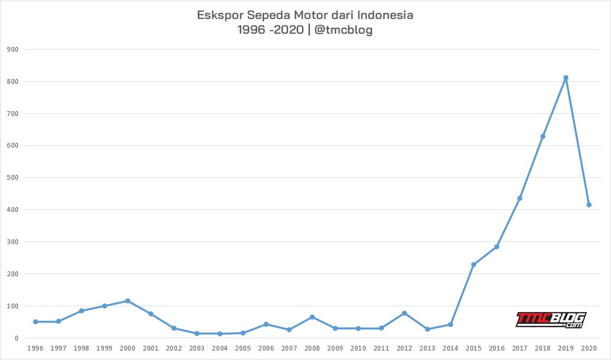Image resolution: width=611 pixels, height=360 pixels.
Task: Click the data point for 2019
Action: tap(566, 78)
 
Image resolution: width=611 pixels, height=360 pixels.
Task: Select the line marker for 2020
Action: tap(589, 205)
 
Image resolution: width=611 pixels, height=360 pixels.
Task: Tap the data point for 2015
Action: tap(474, 265)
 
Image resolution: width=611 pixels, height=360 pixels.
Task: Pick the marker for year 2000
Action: tap(127, 301)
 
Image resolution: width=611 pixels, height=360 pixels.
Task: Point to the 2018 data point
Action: tap(543, 137)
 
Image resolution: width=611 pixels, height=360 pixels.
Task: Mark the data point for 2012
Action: tap(405, 313)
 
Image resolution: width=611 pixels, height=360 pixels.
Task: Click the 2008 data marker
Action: tap(312, 317)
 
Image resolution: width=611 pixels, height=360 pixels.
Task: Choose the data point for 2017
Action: tap(520, 198)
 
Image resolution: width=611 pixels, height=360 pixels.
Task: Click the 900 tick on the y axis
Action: tap(13, 50)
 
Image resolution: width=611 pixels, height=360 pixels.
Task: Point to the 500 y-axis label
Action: tap(13, 178)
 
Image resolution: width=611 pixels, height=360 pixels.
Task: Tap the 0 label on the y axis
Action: tap(17, 338)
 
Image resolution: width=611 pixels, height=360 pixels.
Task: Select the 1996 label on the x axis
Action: tap(35, 348)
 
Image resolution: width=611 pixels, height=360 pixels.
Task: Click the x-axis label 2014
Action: tap(450, 348)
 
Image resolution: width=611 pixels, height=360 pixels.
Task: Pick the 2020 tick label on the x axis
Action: tap(589, 348)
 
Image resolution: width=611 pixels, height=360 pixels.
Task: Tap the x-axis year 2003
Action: tap(196, 348)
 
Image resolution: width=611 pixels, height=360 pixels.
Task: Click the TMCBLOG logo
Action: tap(550, 320)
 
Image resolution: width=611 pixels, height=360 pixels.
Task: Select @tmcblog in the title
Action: tap(343, 30)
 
